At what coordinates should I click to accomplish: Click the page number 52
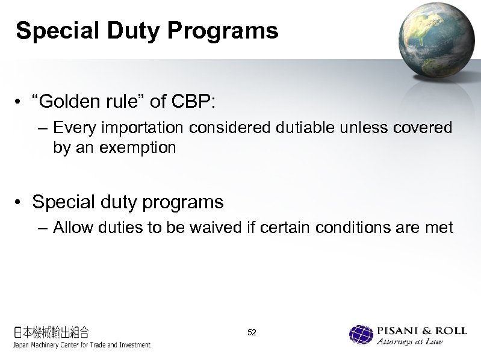pyautogui.click(x=252, y=332)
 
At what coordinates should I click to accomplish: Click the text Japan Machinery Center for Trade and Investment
pyautogui.click(x=81, y=345)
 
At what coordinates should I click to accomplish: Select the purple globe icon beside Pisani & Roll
pyautogui.click(x=361, y=335)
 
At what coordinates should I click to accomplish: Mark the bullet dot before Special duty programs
pyautogui.click(x=21, y=202)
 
